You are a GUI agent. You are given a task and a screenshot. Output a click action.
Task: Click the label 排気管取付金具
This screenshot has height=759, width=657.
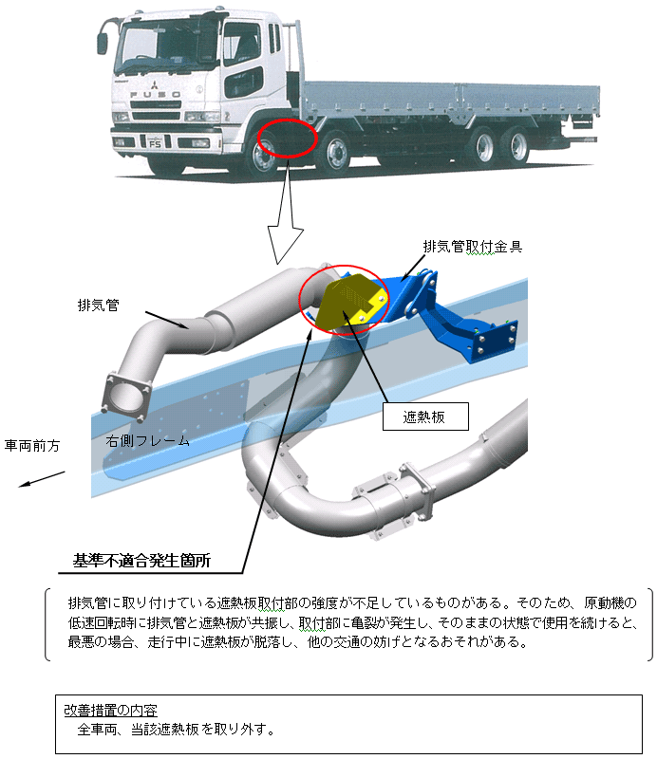point(473,247)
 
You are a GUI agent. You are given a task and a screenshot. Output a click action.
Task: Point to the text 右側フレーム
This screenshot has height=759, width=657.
point(147,441)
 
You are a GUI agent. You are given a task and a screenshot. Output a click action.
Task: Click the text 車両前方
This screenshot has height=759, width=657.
point(32,445)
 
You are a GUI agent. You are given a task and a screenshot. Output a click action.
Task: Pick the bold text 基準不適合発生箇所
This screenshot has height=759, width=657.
point(141,561)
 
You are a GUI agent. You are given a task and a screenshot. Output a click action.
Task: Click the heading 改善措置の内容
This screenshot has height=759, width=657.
point(110,710)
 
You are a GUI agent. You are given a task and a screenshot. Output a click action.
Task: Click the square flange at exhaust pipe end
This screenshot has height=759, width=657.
point(124,393)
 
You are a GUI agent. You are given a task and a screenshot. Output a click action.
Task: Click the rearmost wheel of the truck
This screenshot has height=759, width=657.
point(517,146)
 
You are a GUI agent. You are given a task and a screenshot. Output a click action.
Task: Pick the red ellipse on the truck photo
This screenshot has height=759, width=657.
point(287,139)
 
